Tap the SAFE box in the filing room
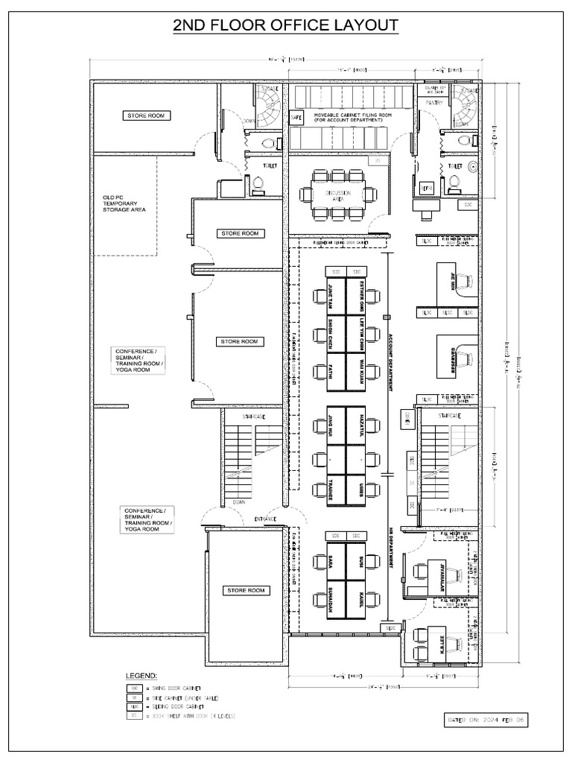(x=296, y=118)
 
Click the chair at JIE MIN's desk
(x=467, y=280)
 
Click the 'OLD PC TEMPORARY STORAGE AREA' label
(x=124, y=203)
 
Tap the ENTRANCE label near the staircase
(x=265, y=519)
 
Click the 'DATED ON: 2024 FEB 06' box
(x=487, y=721)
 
